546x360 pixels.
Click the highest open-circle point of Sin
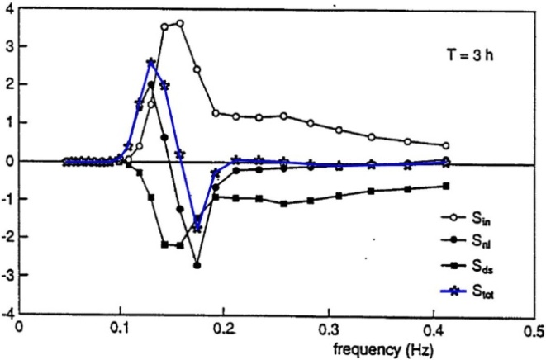click(179, 23)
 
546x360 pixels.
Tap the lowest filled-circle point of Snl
click(197, 266)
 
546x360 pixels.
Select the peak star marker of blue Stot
click(150, 63)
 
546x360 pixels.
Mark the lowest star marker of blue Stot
click(197, 227)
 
